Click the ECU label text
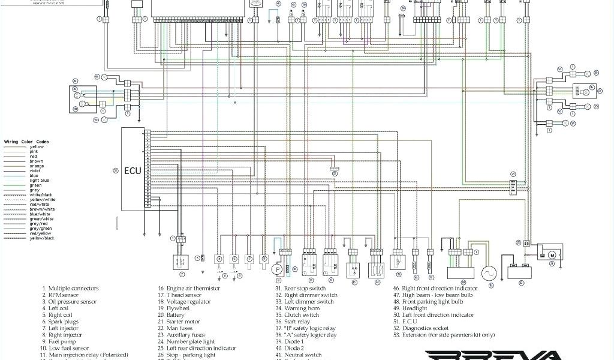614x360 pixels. pos(133,170)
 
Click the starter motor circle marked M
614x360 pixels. pos(552,254)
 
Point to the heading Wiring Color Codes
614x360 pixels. pos(27,142)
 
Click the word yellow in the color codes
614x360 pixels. pos(37,147)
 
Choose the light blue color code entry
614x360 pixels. pos(40,181)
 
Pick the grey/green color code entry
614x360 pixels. pos(40,229)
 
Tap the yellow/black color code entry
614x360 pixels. pos(42,238)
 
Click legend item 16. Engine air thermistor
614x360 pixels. pos(191,289)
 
